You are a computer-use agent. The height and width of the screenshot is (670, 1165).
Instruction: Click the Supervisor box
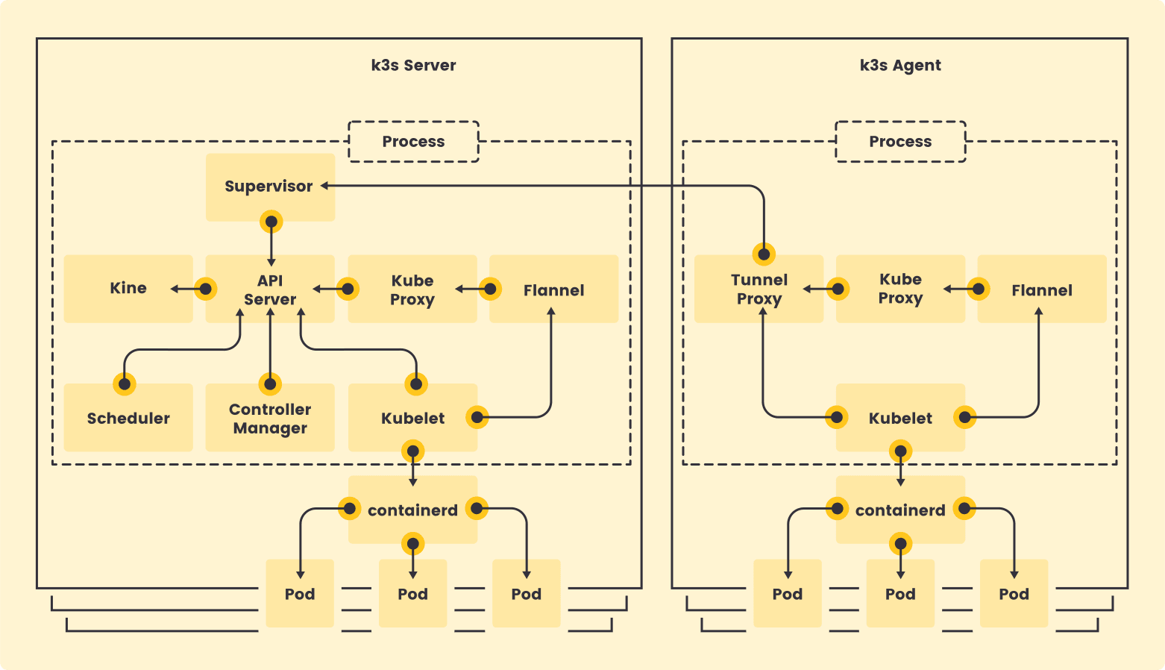[x=270, y=187]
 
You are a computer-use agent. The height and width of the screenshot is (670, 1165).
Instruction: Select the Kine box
[x=128, y=289]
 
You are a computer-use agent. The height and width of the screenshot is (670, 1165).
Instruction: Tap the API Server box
[x=270, y=289]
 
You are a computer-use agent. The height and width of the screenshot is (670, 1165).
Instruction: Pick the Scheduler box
[x=128, y=418]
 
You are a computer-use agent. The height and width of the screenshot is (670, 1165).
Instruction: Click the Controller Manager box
[x=270, y=418]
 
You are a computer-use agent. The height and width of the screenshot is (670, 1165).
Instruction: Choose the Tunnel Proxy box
[x=759, y=289]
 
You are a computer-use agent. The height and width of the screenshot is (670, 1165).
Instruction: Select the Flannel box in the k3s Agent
[x=1042, y=289]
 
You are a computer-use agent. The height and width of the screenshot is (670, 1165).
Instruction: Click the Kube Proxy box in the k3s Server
[x=412, y=289]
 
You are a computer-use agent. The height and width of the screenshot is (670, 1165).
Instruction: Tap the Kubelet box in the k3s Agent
[x=900, y=418]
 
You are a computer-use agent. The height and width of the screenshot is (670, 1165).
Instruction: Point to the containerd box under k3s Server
[x=412, y=510]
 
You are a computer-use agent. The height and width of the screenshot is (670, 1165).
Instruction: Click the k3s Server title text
[x=413, y=65]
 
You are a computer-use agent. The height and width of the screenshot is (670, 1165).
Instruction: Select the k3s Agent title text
[x=900, y=65]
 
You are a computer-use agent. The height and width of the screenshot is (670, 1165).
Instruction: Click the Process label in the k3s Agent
[x=900, y=142]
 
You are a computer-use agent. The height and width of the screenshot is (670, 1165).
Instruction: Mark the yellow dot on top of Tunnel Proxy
[x=764, y=254]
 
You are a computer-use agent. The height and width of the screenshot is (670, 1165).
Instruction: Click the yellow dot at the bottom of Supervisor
[x=271, y=222]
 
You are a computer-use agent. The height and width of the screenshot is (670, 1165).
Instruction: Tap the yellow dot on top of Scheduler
[x=125, y=384]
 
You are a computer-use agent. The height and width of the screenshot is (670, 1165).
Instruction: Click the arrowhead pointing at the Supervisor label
[x=326, y=186]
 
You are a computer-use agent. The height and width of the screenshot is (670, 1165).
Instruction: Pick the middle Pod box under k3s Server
[x=412, y=594]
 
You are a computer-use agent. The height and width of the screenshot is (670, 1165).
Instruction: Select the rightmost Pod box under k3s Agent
[x=1014, y=594]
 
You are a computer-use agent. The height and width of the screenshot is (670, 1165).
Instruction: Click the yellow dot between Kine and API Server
[x=205, y=289]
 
